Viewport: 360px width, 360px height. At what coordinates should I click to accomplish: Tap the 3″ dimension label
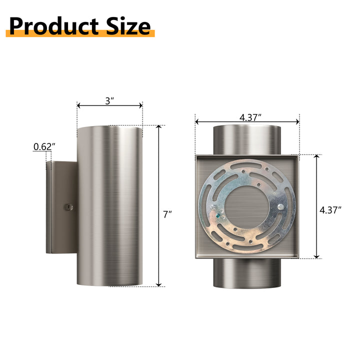109,100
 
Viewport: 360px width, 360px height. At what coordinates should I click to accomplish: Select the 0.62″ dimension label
44,146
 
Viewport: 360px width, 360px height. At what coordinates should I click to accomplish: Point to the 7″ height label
167,214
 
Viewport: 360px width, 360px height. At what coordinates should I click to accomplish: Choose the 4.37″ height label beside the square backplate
330,210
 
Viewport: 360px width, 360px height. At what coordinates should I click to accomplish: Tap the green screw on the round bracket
218,215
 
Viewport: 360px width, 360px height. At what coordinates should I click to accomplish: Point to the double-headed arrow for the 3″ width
109,105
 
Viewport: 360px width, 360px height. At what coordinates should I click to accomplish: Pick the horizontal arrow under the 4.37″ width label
247,121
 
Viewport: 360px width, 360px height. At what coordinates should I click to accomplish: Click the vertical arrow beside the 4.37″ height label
316,206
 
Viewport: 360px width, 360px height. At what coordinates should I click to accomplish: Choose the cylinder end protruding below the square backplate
246,273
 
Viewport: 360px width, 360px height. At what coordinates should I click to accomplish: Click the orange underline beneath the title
80,34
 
